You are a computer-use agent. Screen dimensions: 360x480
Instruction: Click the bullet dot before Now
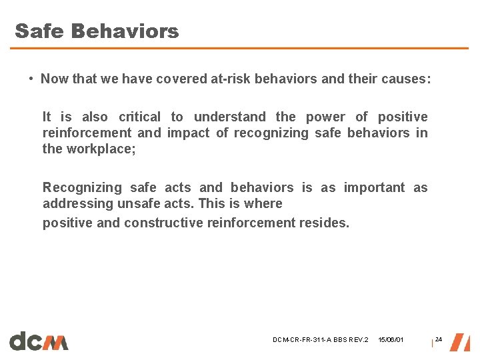tap(31, 79)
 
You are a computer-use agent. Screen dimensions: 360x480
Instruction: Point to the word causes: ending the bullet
tap(406, 79)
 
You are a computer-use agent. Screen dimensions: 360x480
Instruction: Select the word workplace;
tap(101, 149)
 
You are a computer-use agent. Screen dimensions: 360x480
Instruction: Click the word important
tap(374, 188)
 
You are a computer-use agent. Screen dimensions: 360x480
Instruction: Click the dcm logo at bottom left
tap(39, 341)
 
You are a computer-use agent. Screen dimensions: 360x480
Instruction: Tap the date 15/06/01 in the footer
tap(391, 340)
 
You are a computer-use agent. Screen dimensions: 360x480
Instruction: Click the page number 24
tap(438, 339)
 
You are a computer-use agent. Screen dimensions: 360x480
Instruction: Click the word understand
tap(229, 117)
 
